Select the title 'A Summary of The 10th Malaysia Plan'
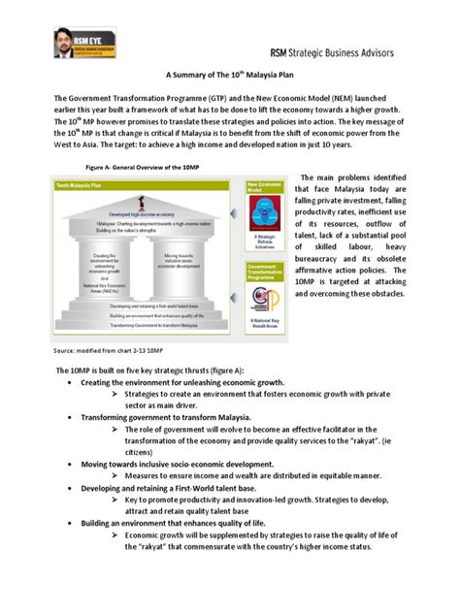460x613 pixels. pos(230,84)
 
